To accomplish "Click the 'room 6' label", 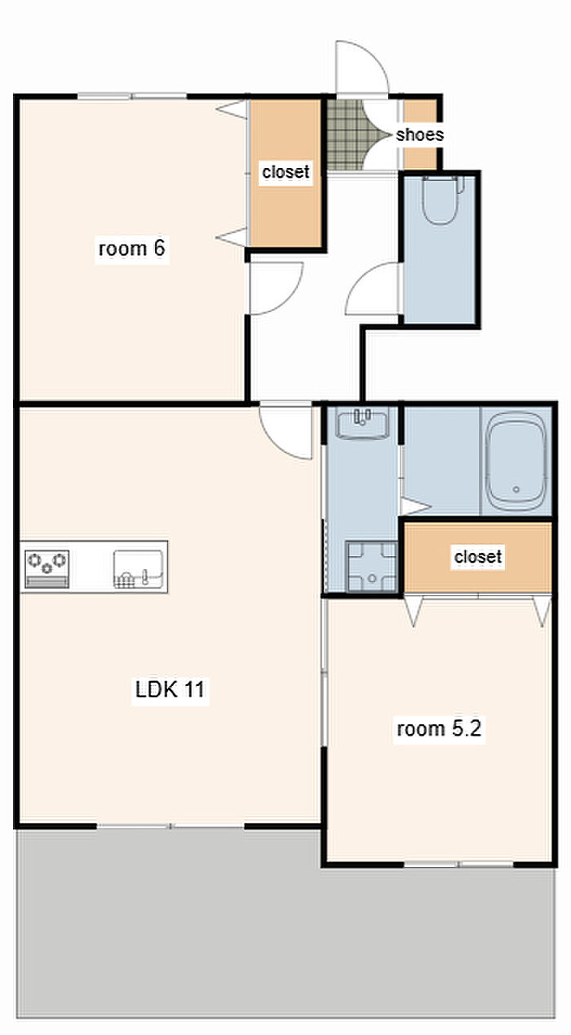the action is pos(131,249).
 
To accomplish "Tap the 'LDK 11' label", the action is pos(170,689).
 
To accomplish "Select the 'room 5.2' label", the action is pos(439,728).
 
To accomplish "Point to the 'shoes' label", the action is pos(419,135).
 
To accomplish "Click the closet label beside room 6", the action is pos(285,172).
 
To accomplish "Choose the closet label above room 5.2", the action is pos(478,556).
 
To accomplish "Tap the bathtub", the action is pos(516,462).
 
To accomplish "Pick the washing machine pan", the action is pos(371,566).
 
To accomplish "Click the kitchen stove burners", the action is pos(47,568).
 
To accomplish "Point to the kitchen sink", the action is pos(138,568).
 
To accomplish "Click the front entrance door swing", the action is pos(362,69).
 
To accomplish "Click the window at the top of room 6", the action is pos(131,96).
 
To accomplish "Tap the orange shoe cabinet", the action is pos(420,134).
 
